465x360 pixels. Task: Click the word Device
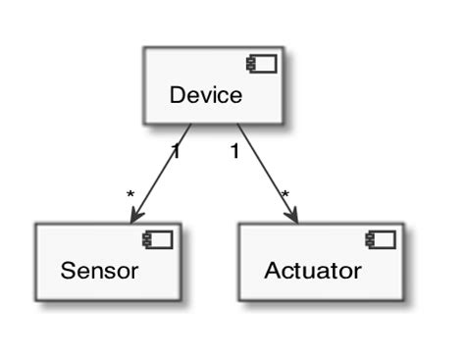pyautogui.click(x=205, y=94)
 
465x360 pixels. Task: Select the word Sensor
pyautogui.click(x=99, y=270)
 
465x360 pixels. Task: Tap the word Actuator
pyautogui.click(x=312, y=270)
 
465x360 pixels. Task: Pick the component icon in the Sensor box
pyautogui.click(x=158, y=239)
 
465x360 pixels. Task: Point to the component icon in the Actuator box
pyautogui.click(x=380, y=239)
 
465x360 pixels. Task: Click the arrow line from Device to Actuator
pyautogui.click(x=265, y=173)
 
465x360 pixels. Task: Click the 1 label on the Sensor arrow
pyautogui.click(x=176, y=151)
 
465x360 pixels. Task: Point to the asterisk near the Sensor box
pyautogui.click(x=129, y=195)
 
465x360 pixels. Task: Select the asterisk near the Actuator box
pyautogui.click(x=285, y=195)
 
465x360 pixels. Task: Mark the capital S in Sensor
pyautogui.click(x=67, y=270)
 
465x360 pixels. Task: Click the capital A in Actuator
pyautogui.click(x=271, y=270)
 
